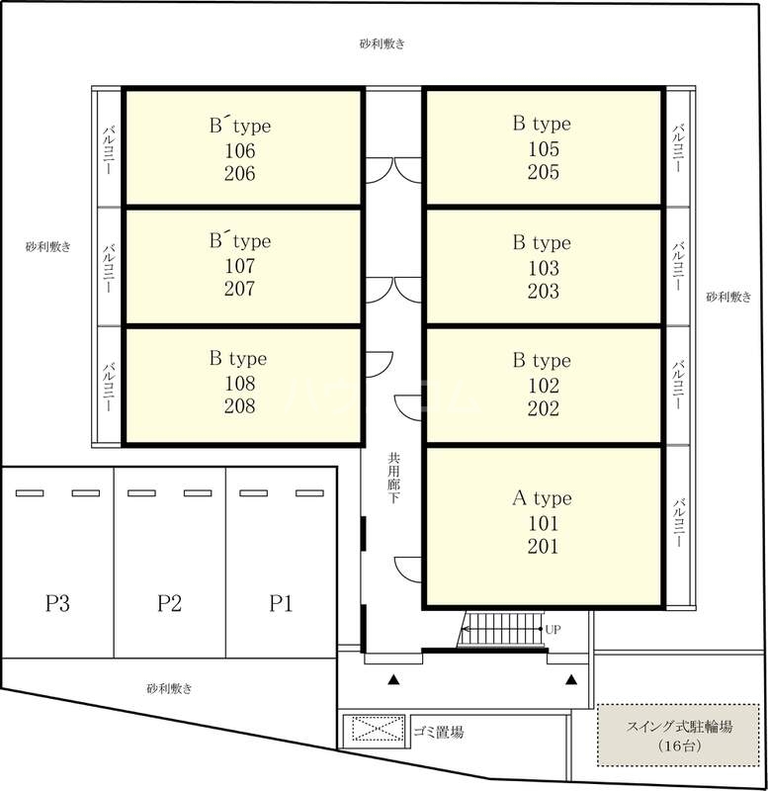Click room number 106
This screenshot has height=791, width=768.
coord(239,150)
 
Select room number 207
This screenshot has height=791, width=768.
coord(239,289)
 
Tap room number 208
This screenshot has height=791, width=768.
coord(239,406)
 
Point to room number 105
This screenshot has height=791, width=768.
coord(543,149)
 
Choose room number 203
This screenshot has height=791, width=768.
coord(543,291)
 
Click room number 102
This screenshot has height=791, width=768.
coord(543,386)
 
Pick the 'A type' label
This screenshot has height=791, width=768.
coord(542,498)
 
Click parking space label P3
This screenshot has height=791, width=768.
coord(57,603)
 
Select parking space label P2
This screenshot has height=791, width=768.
coord(169,603)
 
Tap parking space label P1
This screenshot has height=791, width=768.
coord(281,603)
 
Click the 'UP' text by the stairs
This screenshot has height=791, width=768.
coord(554,629)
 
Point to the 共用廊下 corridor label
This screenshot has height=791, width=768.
coord(393,478)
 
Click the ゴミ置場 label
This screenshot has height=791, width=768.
coord(438,732)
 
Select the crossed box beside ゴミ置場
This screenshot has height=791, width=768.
coord(378,729)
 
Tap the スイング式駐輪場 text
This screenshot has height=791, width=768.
coord(679,727)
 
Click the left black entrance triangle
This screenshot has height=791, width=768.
coord(393,680)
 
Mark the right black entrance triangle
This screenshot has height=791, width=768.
coord(571,680)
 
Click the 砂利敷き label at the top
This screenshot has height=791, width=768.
coord(383,44)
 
